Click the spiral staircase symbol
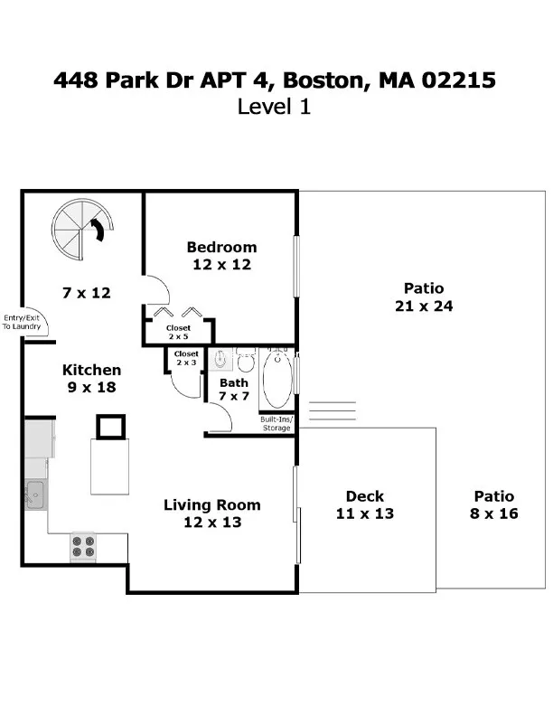tap(82, 229)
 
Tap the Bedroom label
tap(221, 247)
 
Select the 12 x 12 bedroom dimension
tap(221, 265)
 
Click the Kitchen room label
tap(91, 370)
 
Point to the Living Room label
tap(211, 504)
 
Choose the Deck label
tap(365, 495)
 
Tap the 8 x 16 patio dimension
tap(494, 513)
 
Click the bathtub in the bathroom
tap(277, 381)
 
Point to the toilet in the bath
tap(245, 363)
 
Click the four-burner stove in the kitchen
tap(83, 546)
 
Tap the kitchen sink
tap(35, 494)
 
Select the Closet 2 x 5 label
tap(178, 332)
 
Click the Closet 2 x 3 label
tap(186, 357)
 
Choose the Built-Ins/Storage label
tap(276, 424)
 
